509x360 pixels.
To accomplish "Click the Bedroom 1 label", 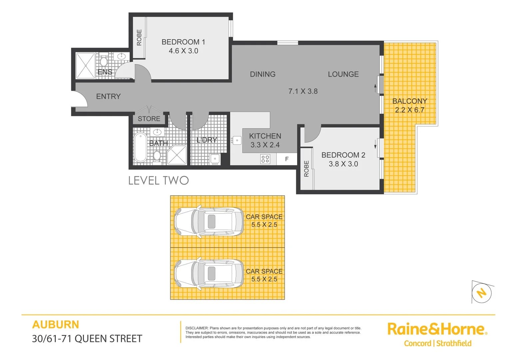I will tap(183, 42).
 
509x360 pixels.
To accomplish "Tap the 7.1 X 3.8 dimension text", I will tap(303, 91).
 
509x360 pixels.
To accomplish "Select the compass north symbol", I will tap(482, 293).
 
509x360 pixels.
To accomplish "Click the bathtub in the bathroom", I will tap(140, 147).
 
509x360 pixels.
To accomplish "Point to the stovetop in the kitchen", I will tap(265, 159).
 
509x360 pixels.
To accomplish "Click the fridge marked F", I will tap(287, 159).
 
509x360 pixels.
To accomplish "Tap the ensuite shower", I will tap(86, 66).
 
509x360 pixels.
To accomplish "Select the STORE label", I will tap(149, 119).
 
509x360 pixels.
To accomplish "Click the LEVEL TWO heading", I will tap(159, 181).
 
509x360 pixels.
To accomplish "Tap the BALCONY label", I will tap(409, 101).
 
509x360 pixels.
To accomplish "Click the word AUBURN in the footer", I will tap(56, 325).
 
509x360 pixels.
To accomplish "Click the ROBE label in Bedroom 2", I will tap(306, 169).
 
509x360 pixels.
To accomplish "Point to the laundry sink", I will tap(215, 158).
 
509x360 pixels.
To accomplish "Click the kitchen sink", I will tap(237, 140).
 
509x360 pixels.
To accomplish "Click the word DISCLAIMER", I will tap(197, 328).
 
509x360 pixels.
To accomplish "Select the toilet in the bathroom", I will tap(157, 155).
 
